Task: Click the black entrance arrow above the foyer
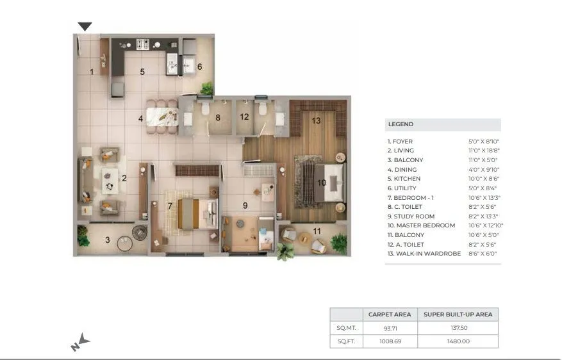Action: (85, 26)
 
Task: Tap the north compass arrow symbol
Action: (81, 343)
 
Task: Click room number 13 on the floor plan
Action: (316, 120)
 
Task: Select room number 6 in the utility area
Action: (199, 67)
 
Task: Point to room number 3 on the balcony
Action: (108, 240)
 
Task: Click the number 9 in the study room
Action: (245, 205)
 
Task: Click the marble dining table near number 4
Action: (161, 117)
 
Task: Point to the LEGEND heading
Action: (401, 124)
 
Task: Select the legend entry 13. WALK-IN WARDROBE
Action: (424, 254)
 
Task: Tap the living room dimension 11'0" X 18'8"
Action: (483, 151)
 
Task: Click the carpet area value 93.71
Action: (390, 328)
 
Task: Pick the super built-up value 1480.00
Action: (458, 341)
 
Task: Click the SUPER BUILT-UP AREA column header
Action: (458, 315)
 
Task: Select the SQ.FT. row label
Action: (346, 341)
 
